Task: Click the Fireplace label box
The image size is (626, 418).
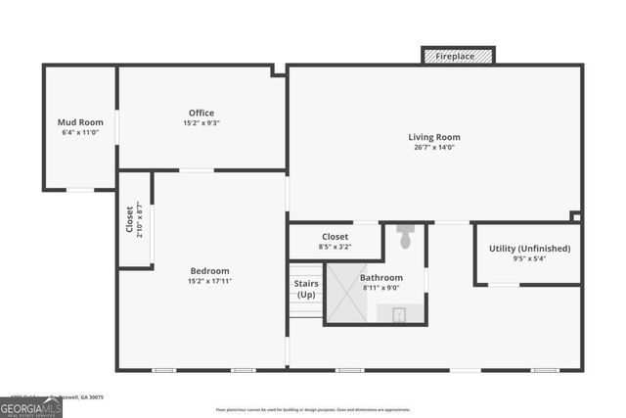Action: pyautogui.click(x=458, y=56)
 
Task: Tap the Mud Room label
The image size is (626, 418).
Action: pyautogui.click(x=80, y=122)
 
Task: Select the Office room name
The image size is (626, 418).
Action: pyautogui.click(x=201, y=113)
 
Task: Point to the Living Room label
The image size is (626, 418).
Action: pyautogui.click(x=434, y=137)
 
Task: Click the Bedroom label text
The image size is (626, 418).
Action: pyautogui.click(x=209, y=271)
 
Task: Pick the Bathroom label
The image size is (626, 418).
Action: pyautogui.click(x=380, y=278)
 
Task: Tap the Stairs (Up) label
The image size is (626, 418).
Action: pyautogui.click(x=306, y=289)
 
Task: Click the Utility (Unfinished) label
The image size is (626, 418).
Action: pyautogui.click(x=529, y=249)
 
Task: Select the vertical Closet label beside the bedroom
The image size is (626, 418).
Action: pyautogui.click(x=129, y=219)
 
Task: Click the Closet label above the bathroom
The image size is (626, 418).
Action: pyautogui.click(x=335, y=236)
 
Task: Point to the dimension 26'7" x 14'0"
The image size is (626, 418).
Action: pyautogui.click(x=434, y=147)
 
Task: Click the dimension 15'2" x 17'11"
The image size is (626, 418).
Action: pyautogui.click(x=209, y=281)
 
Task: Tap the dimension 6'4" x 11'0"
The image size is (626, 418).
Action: pyautogui.click(x=80, y=132)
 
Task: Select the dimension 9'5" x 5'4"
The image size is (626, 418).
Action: pyautogui.click(x=529, y=259)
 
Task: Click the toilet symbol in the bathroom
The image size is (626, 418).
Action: pyautogui.click(x=406, y=237)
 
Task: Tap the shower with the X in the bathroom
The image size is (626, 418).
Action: pyautogui.click(x=349, y=295)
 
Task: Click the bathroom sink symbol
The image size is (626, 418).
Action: pyautogui.click(x=399, y=313)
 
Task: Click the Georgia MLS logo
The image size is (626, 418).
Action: pyautogui.click(x=30, y=406)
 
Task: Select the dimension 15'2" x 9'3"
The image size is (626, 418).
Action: pyautogui.click(x=201, y=123)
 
